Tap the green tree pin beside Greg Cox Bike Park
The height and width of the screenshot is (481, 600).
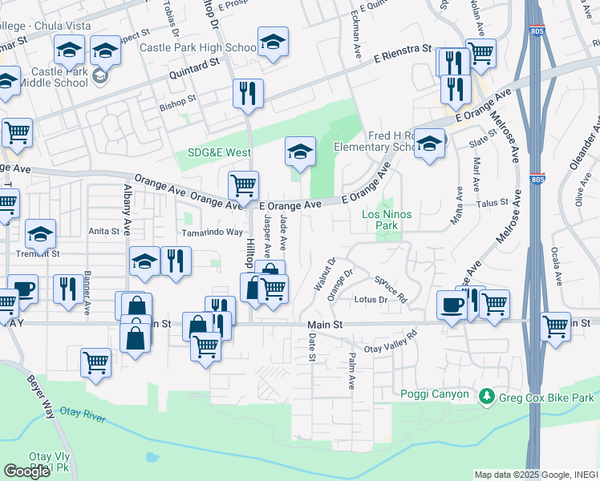coord(485,397)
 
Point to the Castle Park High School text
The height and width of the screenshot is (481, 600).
coord(197,48)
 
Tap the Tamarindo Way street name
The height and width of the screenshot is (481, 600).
coord(212,232)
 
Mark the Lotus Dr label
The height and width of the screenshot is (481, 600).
coord(371,300)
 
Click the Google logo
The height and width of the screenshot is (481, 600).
coord(26,471)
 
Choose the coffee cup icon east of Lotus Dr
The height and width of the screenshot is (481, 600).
coord(452,305)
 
